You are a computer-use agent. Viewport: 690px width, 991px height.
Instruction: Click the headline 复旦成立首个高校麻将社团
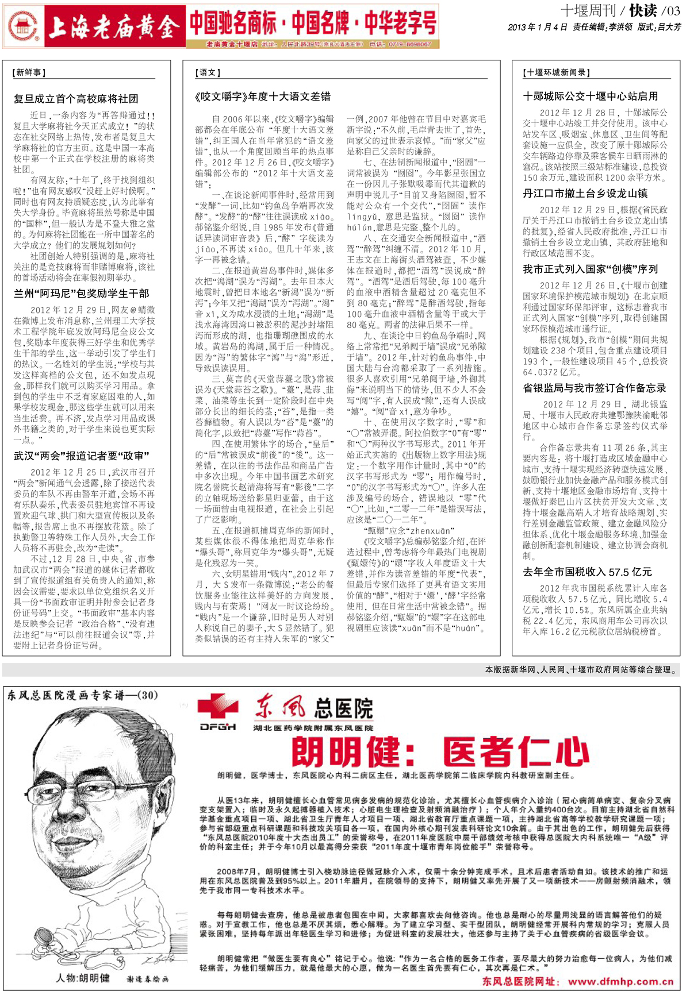[76, 99]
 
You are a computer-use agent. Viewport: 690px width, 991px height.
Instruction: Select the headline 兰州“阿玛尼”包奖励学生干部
[82, 294]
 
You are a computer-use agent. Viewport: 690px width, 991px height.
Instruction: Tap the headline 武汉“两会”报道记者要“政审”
[82, 456]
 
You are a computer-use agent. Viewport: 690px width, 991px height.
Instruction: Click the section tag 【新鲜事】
[29, 73]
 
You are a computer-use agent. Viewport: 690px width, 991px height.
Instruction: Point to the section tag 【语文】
[208, 73]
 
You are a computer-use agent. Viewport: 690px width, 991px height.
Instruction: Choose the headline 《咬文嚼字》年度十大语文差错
[263, 97]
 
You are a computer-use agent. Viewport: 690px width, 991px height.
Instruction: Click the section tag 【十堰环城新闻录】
[557, 73]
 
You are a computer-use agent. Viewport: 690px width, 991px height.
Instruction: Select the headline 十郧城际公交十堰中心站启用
[591, 97]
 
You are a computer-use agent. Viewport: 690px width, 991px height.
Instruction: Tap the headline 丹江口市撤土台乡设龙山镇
[585, 194]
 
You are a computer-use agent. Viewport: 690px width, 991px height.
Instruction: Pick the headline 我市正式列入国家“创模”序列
[591, 269]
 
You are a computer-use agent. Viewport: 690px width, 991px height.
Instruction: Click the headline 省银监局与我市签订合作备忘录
[595, 388]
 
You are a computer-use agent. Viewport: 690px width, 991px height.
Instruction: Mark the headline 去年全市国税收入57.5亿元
[588, 572]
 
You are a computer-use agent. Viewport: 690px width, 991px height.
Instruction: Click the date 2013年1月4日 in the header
[538, 28]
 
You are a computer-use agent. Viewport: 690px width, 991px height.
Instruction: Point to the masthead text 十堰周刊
[587, 11]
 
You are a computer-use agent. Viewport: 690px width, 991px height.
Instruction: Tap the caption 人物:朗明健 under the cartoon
[83, 978]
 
